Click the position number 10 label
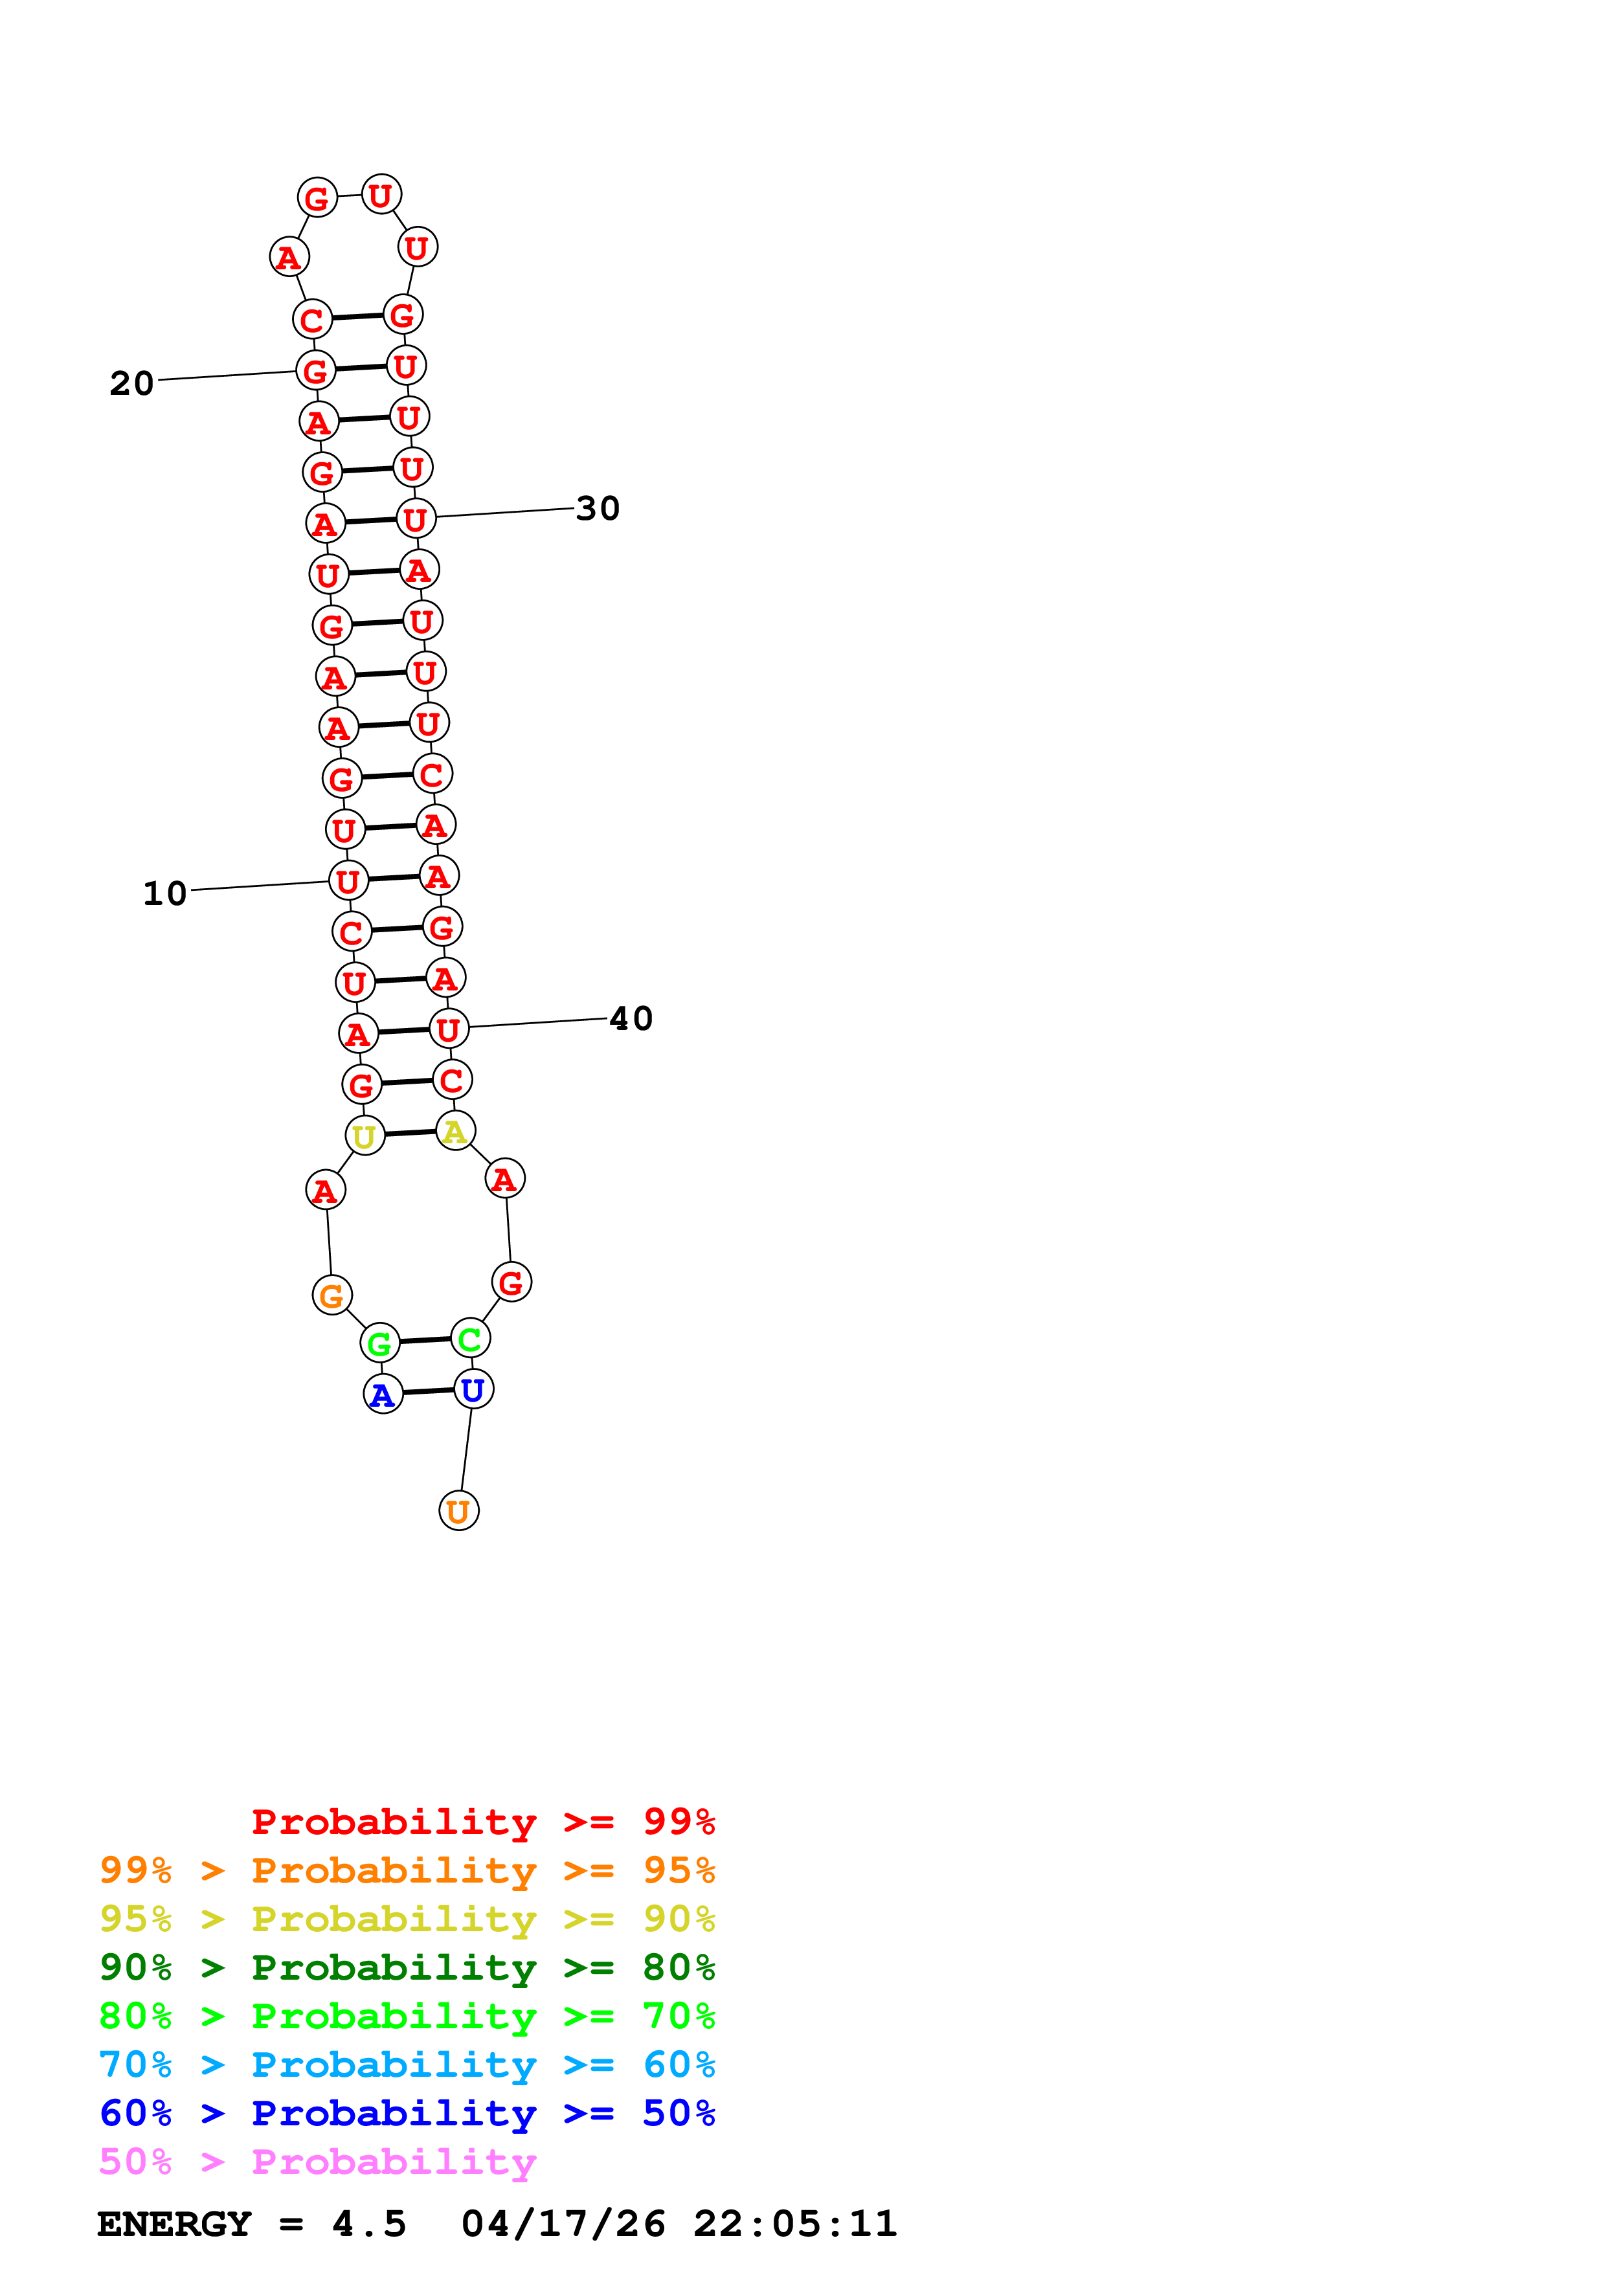(x=164, y=893)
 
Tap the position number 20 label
(x=131, y=383)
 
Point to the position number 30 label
(x=598, y=508)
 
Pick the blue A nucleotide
(x=383, y=1394)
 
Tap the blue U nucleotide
(x=473, y=1390)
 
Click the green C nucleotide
(x=470, y=1338)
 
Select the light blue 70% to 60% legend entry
(x=407, y=2064)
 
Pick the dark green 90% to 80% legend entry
(x=407, y=1967)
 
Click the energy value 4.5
(x=369, y=2224)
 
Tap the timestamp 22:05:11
(x=794, y=2224)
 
